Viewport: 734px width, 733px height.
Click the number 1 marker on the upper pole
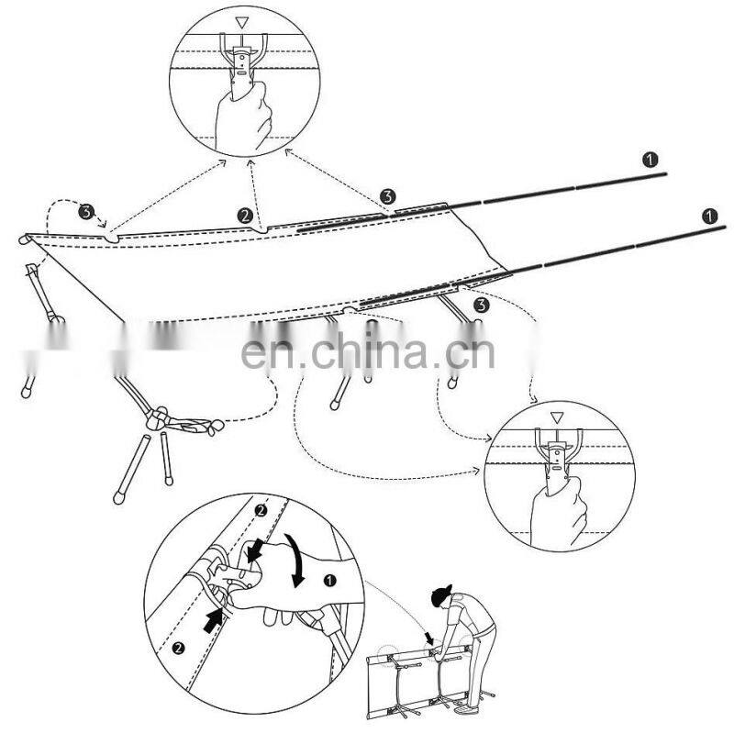(650, 160)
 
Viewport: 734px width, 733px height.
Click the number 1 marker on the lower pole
(709, 217)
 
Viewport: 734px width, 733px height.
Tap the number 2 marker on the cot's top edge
(245, 216)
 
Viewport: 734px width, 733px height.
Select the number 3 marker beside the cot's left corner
(86, 211)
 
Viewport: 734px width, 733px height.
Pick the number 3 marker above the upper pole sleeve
(387, 196)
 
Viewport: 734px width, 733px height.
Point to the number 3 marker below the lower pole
(481, 305)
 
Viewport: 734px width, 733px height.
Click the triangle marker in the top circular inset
(241, 23)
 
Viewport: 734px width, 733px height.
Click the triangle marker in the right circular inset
(556, 417)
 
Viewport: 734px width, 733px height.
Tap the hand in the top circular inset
(243, 117)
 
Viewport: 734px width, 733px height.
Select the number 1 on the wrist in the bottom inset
(330, 581)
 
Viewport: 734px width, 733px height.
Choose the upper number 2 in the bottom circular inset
(261, 510)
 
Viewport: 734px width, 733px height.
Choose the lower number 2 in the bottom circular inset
(178, 649)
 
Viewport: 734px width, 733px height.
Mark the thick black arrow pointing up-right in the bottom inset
(214, 620)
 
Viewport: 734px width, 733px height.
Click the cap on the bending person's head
(441, 594)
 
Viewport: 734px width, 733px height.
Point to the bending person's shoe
(463, 710)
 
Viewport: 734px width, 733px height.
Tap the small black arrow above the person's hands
(428, 638)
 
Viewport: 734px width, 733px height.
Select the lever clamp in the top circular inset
(241, 65)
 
